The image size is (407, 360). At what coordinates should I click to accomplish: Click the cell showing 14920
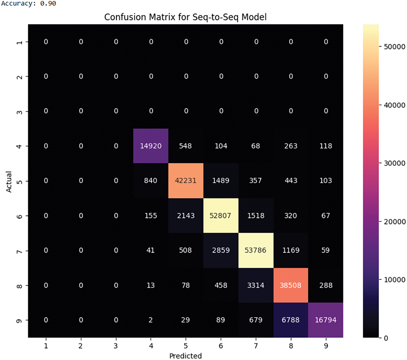coord(151,146)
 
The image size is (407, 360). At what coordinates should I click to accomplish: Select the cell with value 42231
coord(185,181)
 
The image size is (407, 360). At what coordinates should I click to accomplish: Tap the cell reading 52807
coord(221,216)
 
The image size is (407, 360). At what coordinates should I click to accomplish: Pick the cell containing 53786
coord(256,251)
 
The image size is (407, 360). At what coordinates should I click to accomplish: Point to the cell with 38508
coord(290,285)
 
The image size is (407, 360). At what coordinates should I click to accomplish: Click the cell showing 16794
coord(325,320)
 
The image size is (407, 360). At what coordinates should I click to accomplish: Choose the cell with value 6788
coord(290,320)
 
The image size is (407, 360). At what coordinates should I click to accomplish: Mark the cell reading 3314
coord(256,285)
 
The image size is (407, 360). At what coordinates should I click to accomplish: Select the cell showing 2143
coord(185,216)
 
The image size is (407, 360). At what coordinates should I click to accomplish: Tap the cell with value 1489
coord(221,181)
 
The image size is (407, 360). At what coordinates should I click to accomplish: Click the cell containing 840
coord(151,181)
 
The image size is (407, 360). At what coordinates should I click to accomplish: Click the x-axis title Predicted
coord(185,356)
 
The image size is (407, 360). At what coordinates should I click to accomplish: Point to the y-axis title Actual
coord(9,181)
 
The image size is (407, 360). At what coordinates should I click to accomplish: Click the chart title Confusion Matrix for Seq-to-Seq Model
coord(185,17)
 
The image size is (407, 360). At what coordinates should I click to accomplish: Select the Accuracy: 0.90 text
coord(28,4)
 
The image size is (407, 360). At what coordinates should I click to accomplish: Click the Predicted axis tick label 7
coord(256,346)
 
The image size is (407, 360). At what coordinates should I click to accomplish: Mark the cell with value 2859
coord(221,251)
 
